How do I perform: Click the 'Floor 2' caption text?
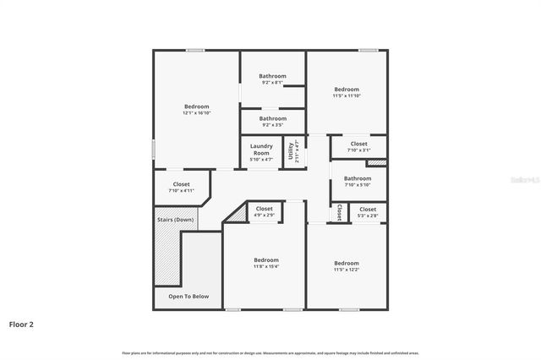(x=22, y=324)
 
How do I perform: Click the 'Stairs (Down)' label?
(x=176, y=220)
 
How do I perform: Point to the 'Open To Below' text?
(x=189, y=297)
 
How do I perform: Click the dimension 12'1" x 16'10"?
(x=197, y=113)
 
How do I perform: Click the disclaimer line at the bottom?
(x=270, y=352)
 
